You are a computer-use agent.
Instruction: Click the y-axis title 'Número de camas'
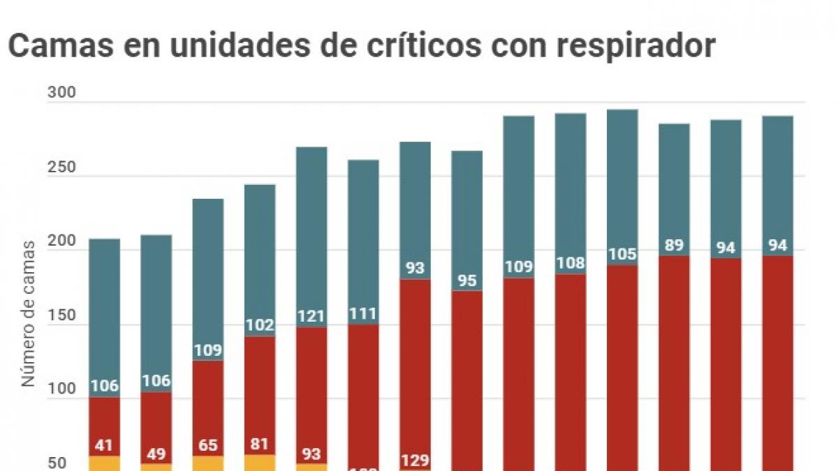28,314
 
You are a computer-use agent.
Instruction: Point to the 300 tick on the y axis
61,94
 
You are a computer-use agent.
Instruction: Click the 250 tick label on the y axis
61,167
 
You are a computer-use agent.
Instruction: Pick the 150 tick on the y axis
61,315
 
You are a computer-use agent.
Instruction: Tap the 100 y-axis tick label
61,389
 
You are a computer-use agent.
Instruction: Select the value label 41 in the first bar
104,444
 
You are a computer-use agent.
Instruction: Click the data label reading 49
156,454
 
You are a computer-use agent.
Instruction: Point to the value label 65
207,444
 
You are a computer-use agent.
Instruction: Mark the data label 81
259,444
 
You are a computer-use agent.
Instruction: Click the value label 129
415,461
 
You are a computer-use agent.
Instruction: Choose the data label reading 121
311,316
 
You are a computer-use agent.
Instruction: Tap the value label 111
363,314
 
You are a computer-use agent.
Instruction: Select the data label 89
674,246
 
